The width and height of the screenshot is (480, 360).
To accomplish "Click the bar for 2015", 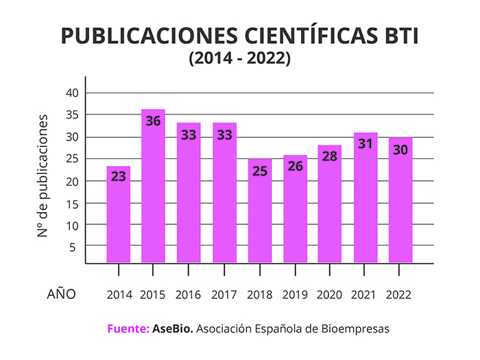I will pos(153,192).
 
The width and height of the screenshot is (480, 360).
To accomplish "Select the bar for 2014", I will pos(118,219).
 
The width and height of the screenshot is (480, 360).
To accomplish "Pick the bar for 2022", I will pos(400,206).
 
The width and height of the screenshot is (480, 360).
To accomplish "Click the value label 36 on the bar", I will pos(153,121).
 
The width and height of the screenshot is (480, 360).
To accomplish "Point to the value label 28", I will pos(330,156).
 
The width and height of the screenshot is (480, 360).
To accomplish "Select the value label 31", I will pos(365,143).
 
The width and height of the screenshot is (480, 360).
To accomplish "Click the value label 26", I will pos(294,166).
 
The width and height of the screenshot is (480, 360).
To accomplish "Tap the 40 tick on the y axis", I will pos(73,93).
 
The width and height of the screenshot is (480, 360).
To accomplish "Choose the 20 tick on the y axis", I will pos(73,181).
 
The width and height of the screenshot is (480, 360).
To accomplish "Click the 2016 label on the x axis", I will pos(189,295).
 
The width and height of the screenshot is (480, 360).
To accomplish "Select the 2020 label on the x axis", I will pos(330,295).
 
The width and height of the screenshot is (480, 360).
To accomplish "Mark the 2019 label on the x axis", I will pos(294,295).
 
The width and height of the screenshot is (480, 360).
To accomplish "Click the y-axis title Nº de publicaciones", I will pos(43,176).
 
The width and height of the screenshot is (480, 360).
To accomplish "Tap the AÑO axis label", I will pos(61,294).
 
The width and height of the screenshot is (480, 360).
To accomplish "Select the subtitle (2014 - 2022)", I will pos(240,60).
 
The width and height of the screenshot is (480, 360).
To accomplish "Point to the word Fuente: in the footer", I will pos(128,329).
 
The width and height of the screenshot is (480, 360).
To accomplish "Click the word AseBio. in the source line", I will pos(172,329).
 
